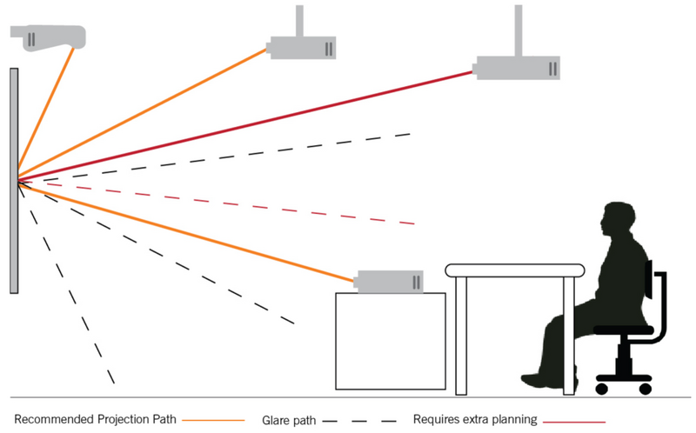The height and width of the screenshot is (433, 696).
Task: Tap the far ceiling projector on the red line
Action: point(517,68)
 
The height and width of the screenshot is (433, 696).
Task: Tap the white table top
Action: point(514,270)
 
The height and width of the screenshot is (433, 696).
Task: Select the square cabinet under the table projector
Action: point(391,340)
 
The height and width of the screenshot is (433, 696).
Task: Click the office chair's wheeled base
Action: point(624,378)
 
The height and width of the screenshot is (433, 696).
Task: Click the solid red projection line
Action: point(261,123)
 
